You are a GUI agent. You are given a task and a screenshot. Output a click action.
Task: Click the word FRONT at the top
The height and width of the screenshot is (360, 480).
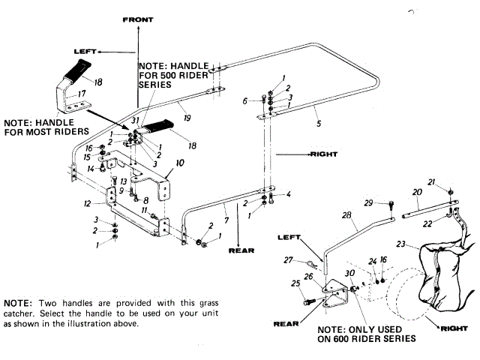(138, 20)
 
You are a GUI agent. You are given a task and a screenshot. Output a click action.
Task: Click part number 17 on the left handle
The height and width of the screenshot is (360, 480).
(73, 94)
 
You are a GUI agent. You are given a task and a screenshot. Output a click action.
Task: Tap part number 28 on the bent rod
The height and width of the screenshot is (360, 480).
(346, 216)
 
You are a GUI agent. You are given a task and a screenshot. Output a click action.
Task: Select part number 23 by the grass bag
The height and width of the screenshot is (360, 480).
(401, 244)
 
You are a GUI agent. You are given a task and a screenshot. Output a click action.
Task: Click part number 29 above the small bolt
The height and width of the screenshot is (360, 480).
(368, 203)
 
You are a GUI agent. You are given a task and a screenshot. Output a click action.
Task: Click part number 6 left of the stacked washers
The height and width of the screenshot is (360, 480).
(244, 100)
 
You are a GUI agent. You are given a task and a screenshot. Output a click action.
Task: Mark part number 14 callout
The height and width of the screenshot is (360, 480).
(89, 169)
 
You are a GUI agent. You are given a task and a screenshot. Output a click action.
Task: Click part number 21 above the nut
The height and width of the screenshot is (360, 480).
(431, 182)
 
